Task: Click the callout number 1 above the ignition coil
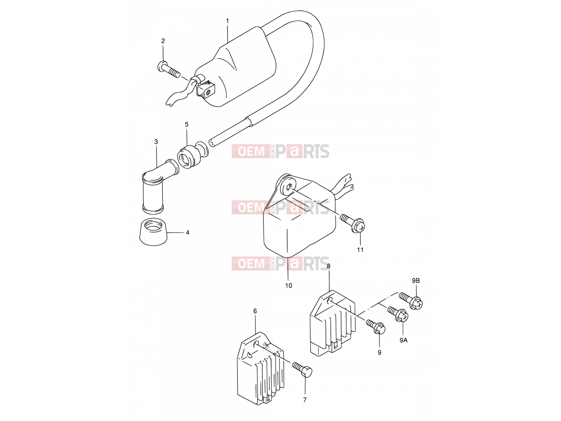pyautogui.click(x=227, y=21)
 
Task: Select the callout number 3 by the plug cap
pyautogui.click(x=156, y=142)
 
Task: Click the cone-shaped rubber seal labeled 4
pyautogui.click(x=153, y=232)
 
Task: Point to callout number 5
pyautogui.click(x=187, y=125)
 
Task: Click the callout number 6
pyautogui.click(x=255, y=311)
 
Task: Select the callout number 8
pyautogui.click(x=329, y=266)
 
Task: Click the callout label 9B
pyautogui.click(x=416, y=281)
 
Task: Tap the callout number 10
pyautogui.click(x=289, y=286)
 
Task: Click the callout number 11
pyautogui.click(x=360, y=249)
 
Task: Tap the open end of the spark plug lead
pyautogui.click(x=212, y=143)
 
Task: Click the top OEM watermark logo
pyautogui.click(x=280, y=151)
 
